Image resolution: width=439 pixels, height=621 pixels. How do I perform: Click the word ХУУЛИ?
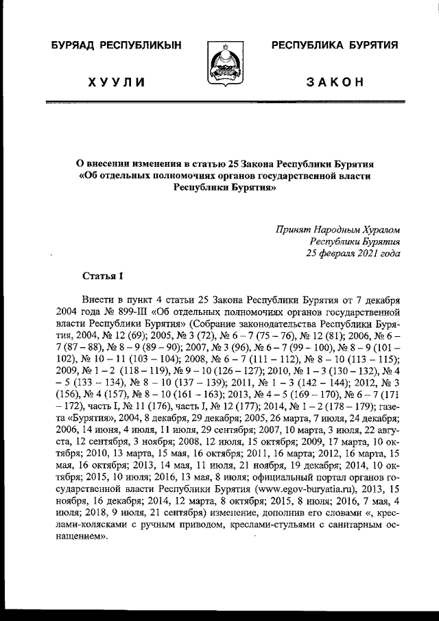(116, 82)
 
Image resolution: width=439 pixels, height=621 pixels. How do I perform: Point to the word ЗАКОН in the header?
(335, 82)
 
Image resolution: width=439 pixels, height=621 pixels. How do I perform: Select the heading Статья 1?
(102, 277)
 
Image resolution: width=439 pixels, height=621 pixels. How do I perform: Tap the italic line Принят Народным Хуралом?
(340, 229)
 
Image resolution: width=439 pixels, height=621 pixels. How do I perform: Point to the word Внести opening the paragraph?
(96, 300)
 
